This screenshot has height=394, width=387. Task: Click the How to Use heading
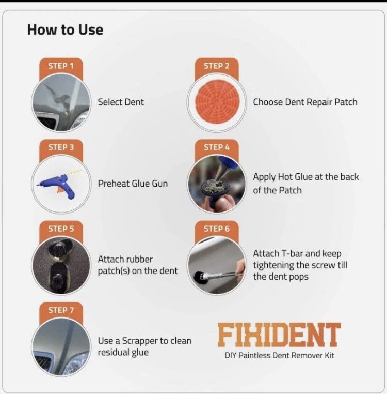click(x=65, y=29)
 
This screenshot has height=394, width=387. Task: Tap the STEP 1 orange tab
click(x=61, y=66)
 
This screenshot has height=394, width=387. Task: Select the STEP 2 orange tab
click(x=216, y=66)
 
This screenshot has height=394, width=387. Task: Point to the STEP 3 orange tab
click(x=61, y=147)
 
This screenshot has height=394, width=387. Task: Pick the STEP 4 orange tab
click(x=216, y=147)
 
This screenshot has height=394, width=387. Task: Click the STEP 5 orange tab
click(x=61, y=229)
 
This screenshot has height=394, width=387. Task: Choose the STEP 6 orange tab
click(x=216, y=229)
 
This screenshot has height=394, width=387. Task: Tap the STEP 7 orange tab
click(x=61, y=310)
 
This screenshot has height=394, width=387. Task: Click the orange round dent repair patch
click(x=217, y=102)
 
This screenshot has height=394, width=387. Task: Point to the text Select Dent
click(x=121, y=102)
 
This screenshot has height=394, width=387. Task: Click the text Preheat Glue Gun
click(x=133, y=184)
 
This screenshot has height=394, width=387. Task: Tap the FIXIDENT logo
click(x=279, y=335)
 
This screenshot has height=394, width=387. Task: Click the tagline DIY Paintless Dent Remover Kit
click(x=279, y=356)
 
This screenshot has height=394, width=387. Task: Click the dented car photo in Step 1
click(x=61, y=102)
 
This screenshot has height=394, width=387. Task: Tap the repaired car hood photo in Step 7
click(x=61, y=347)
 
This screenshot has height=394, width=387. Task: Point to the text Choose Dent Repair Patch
click(x=305, y=102)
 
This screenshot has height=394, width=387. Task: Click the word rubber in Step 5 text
click(x=139, y=260)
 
